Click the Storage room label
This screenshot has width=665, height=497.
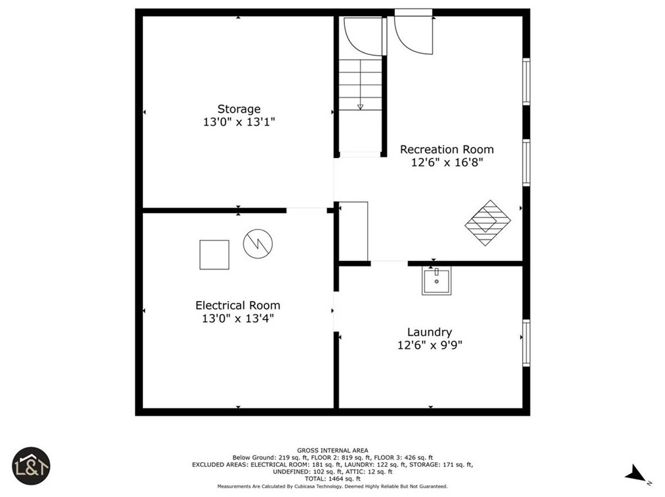(239, 109)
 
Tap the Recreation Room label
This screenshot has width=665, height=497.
(447, 149)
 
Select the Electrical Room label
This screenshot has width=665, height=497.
(237, 306)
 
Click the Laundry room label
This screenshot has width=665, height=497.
(430, 332)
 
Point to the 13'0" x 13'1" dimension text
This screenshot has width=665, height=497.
(239, 122)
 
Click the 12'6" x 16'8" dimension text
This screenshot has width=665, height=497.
(447, 163)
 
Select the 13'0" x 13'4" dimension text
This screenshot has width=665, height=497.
(238, 319)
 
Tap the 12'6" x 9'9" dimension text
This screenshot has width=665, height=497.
(430, 345)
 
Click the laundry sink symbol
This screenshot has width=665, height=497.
(436, 281)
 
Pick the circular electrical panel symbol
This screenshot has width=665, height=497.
(258, 244)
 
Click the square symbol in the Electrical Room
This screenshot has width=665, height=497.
(214, 255)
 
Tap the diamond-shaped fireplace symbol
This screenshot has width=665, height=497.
(488, 223)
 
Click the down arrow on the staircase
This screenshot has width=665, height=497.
(360, 107)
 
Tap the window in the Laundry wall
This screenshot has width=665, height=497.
(527, 343)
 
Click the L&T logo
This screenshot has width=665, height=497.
(31, 466)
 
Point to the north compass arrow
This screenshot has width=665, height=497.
(636, 473)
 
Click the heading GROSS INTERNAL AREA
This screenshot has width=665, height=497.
(332, 450)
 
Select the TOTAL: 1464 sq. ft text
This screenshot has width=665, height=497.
(332, 479)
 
